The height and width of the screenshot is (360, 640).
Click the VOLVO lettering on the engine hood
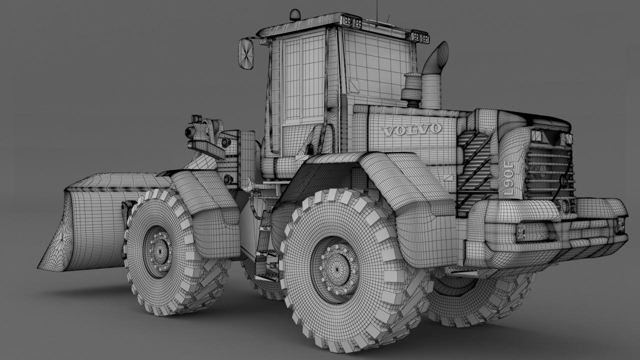click(x=411, y=130)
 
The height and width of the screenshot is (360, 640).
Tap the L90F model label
click(x=509, y=178)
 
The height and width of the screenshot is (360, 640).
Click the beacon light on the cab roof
click(x=295, y=15)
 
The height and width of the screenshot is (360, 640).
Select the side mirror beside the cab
click(x=245, y=53)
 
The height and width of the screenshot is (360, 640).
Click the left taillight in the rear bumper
click(x=531, y=232)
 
